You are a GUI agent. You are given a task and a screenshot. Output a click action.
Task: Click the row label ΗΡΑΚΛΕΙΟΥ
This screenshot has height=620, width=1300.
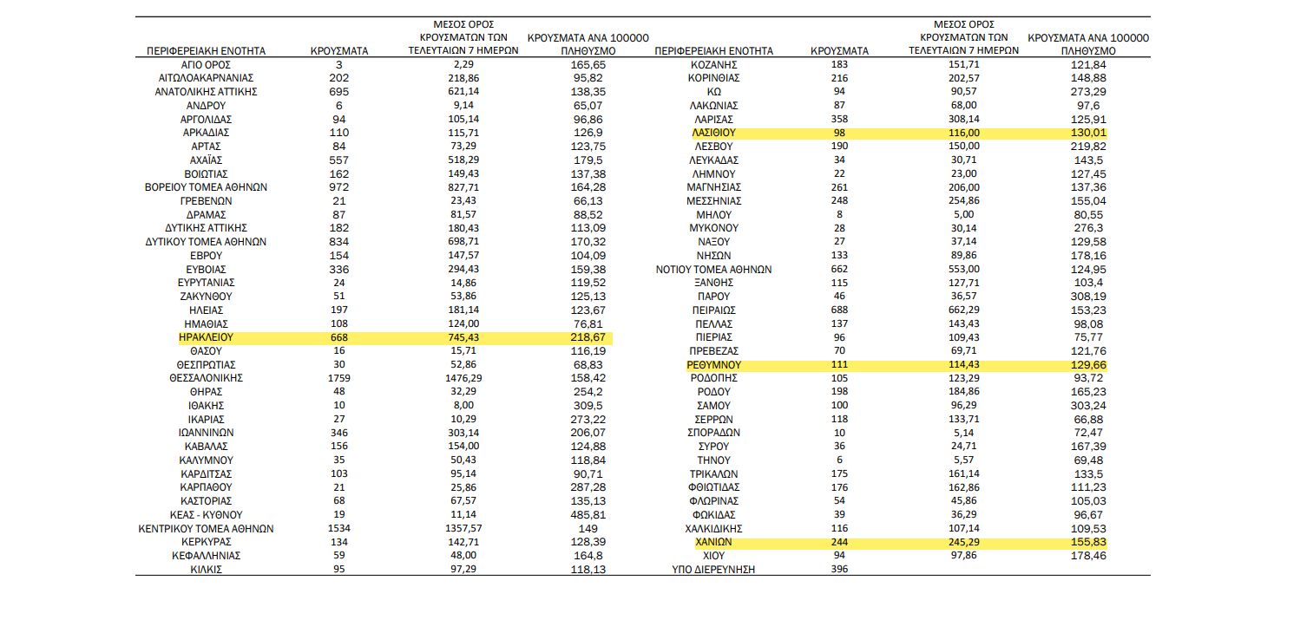[206, 337]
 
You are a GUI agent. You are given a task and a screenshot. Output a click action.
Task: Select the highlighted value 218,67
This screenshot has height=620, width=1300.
[588, 337]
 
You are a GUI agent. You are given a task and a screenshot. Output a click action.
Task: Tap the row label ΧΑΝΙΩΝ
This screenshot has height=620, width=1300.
[714, 542]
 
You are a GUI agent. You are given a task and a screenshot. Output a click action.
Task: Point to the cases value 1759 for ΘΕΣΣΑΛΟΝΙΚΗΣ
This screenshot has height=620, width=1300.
[339, 378]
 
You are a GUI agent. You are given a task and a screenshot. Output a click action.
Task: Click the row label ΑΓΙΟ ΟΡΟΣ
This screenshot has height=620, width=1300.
[206, 65]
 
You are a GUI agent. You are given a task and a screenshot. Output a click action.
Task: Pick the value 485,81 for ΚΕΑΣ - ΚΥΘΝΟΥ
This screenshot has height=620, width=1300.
[588, 515]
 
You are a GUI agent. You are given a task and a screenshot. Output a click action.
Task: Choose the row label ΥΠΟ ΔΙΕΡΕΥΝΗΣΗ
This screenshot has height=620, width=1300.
[714, 570]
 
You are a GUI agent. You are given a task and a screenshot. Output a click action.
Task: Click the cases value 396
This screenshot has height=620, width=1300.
[839, 570]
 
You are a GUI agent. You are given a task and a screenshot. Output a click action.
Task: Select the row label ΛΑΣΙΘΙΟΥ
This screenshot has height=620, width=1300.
[714, 133]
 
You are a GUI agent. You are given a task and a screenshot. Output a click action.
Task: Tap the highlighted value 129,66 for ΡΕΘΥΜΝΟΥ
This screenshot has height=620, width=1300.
[1088, 365]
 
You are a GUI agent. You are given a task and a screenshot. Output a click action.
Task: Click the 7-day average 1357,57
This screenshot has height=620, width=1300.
[463, 528]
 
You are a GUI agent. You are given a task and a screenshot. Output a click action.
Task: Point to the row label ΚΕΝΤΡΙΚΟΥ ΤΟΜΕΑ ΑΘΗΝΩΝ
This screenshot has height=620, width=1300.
[206, 529]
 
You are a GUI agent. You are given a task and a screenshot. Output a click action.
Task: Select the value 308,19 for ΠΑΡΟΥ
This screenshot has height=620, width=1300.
[1088, 297]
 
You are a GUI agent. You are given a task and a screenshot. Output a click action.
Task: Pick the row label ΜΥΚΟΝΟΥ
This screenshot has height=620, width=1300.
[714, 228]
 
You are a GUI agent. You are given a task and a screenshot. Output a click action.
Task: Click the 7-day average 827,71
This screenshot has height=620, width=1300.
[463, 187]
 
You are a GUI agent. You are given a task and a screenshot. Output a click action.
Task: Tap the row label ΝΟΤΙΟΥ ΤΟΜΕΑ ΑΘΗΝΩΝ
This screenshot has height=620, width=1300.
[714, 270]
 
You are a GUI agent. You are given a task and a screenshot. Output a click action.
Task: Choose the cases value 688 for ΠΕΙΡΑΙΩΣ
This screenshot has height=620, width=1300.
[839, 310]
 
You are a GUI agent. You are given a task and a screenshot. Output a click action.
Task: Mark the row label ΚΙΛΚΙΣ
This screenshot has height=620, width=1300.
[206, 570]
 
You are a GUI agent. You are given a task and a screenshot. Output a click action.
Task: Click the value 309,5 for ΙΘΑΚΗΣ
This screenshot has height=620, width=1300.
[588, 406]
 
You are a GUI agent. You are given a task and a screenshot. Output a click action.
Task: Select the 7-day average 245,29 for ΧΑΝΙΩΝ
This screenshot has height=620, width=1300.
[963, 542]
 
